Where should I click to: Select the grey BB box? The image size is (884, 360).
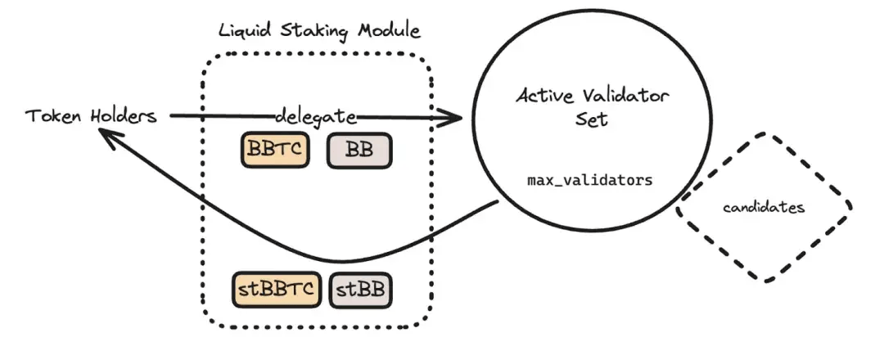point(359,151)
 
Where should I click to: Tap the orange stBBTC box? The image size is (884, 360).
point(276,290)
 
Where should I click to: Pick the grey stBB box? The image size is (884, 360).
point(360,290)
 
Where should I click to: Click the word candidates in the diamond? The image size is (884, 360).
point(764,208)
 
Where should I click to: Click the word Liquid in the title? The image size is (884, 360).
point(246,32)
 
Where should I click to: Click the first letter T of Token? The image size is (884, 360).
point(31,116)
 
